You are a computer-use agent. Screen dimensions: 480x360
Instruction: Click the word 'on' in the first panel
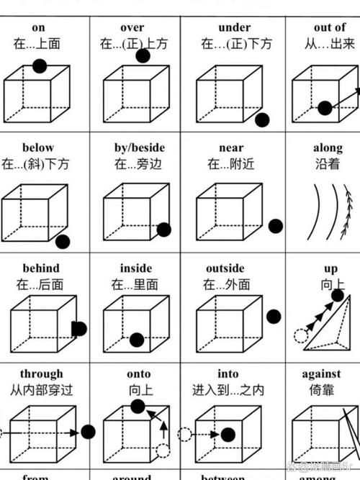(38, 28)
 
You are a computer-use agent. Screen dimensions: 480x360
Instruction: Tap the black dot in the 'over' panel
(143, 56)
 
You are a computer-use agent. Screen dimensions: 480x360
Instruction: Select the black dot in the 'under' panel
(261, 119)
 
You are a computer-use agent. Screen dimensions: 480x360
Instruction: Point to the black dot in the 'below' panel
(63, 242)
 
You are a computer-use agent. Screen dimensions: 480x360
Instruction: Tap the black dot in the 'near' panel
(276, 225)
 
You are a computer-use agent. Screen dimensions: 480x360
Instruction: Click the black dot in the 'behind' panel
(79, 329)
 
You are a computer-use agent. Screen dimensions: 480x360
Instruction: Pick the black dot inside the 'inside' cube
(136, 340)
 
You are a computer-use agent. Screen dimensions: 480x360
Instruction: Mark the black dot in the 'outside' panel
(274, 317)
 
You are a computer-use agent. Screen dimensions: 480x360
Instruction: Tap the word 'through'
(41, 373)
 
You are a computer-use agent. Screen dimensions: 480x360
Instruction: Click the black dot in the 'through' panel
(88, 433)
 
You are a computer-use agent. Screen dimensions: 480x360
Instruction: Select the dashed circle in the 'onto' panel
(163, 451)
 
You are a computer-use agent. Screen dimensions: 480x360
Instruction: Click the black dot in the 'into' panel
(228, 434)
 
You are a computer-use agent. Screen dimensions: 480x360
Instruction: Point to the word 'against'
(321, 373)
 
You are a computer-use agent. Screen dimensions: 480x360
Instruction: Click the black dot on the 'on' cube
(40, 67)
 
